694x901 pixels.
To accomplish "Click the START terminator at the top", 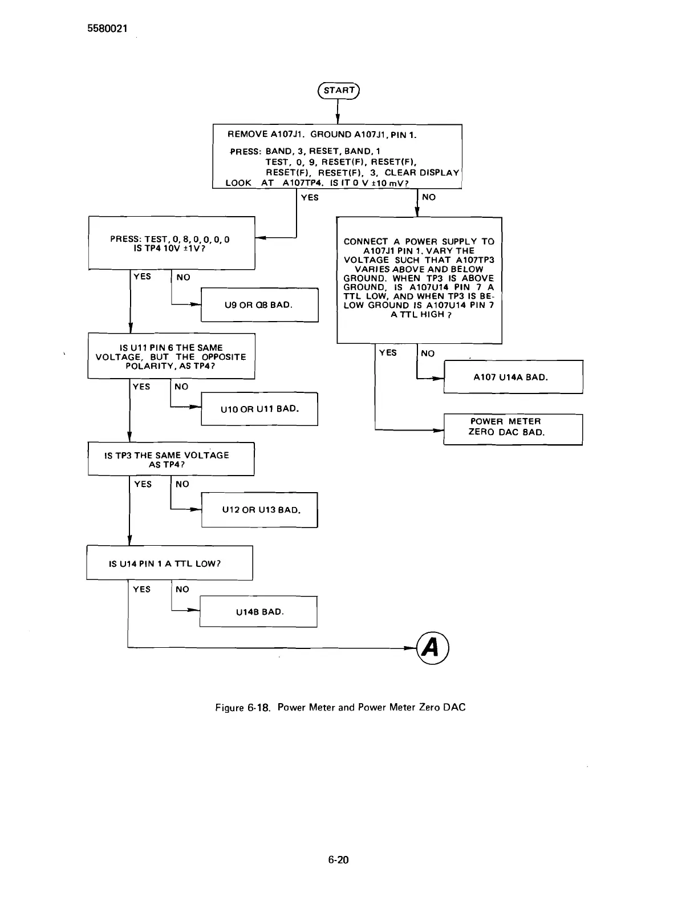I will point(338,91).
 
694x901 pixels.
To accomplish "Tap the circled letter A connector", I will point(432,648).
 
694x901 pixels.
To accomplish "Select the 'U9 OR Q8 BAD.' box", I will point(259,305).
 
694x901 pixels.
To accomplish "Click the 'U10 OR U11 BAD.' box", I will point(259,409).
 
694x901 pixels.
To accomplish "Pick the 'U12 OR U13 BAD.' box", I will point(259,510).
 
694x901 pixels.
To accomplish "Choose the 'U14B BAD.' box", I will point(258,612).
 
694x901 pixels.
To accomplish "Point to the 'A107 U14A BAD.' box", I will point(513,377).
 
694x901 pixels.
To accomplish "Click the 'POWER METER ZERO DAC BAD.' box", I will point(513,427).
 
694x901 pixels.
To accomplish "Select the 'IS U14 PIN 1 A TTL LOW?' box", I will point(169,563).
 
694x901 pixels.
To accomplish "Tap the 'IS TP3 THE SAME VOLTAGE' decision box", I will point(171,459).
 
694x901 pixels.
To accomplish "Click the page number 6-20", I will point(338,861).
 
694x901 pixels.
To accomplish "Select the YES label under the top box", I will point(310,197).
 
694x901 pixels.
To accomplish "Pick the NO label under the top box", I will point(428,197).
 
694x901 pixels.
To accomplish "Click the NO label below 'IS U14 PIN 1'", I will point(182,589).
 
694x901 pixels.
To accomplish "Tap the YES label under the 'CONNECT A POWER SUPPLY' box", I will point(388,353).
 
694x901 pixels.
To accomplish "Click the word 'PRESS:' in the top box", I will point(245,153).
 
